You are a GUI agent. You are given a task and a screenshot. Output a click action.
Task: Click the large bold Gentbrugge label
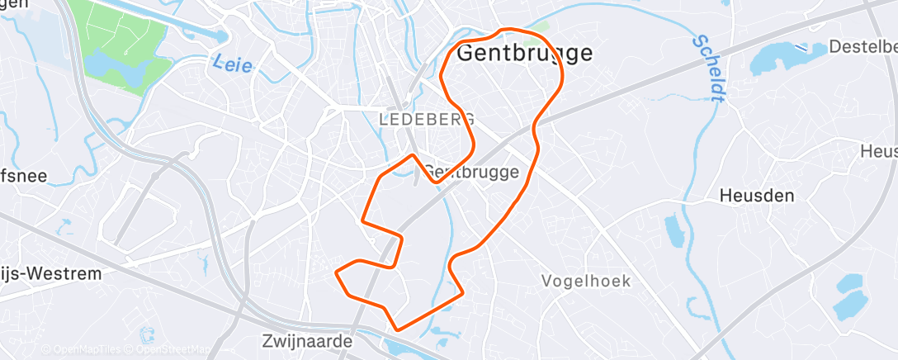tap(524, 53)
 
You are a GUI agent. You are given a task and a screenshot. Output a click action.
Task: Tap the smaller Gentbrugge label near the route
tap(471, 172)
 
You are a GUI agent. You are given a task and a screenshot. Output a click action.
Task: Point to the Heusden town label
tap(756, 196)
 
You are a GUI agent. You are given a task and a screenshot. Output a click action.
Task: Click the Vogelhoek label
tap(586, 281)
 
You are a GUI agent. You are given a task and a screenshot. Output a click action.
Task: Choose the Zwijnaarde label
tap(307, 340)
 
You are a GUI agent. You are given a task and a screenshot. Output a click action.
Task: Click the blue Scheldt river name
tap(709, 68)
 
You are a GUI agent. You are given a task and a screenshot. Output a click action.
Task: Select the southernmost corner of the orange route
tap(398, 329)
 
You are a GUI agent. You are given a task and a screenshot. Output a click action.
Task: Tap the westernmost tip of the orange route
tap(335, 270)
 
